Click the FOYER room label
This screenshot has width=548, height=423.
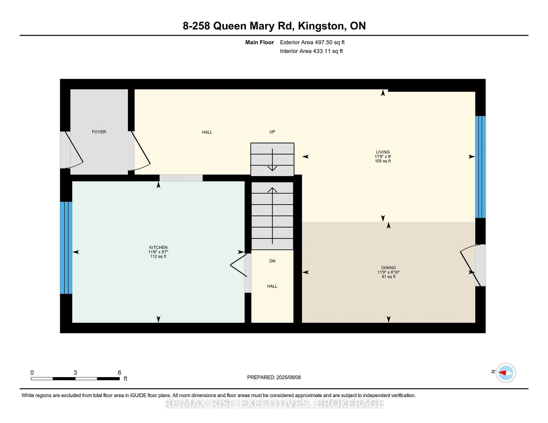[99, 132]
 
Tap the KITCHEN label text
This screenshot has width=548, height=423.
[158, 247]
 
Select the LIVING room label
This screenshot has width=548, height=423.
[383, 152]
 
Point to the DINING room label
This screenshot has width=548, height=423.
[388, 268]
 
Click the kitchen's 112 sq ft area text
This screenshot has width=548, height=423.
[158, 256]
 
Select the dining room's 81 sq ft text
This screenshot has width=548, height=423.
[388, 277]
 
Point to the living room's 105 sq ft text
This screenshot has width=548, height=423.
[383, 161]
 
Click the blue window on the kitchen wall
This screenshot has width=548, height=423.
[66, 248]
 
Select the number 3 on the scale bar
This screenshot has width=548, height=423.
[75, 373]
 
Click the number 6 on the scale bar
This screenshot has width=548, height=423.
[119, 373]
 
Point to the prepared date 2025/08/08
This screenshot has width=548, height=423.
[288, 377]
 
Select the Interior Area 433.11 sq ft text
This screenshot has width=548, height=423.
[311, 51]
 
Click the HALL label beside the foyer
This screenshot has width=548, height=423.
[207, 132]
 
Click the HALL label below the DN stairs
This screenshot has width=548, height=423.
[272, 286]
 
